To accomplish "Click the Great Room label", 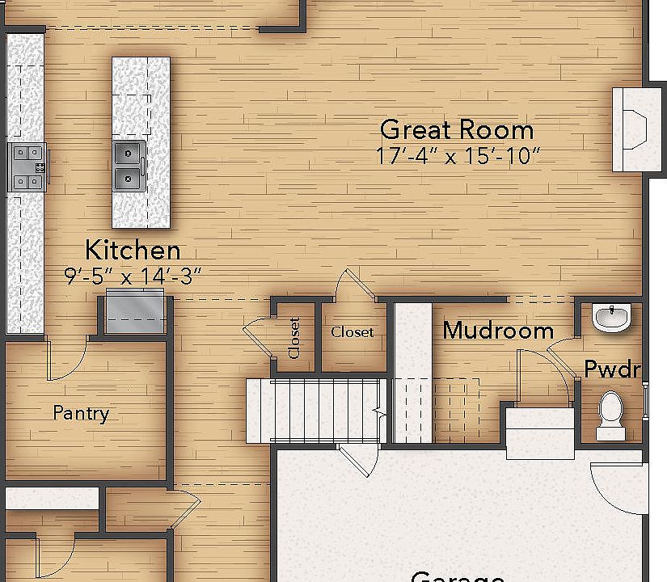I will (x=457, y=129).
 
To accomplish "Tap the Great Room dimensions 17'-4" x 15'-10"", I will (x=458, y=156).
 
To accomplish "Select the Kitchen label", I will (x=133, y=250).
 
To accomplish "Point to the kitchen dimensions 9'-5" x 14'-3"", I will (x=133, y=276).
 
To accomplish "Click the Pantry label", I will (x=81, y=413).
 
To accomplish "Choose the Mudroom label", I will (x=498, y=330).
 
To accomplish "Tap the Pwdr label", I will (x=613, y=370).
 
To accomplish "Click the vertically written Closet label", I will (x=293, y=338).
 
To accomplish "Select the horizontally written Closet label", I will (x=352, y=332).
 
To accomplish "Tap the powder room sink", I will (x=612, y=316).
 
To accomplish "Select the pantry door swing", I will (x=66, y=360).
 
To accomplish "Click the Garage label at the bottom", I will (x=458, y=576).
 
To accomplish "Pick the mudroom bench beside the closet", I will (x=412, y=372).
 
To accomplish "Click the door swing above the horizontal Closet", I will (x=354, y=285).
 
